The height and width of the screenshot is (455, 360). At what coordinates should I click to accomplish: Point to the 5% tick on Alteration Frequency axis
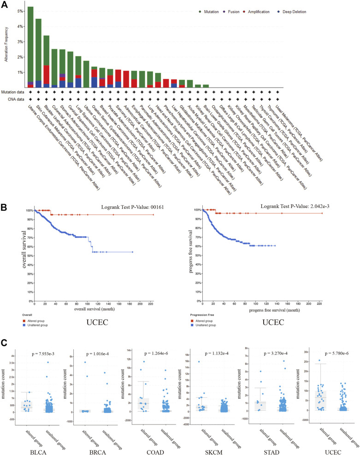pos(21,11)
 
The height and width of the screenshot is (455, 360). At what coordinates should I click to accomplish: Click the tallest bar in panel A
pos(30,47)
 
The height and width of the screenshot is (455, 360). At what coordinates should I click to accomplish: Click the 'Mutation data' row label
pos(12,91)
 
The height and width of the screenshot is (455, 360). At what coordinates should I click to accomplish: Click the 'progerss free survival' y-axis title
pos(191,247)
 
